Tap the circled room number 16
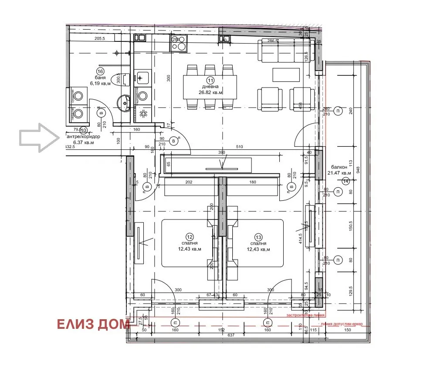click(x=100, y=71)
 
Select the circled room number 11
click(x=210, y=80)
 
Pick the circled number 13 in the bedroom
click(x=258, y=236)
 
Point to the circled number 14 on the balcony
click(x=346, y=181)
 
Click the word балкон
click(x=339, y=167)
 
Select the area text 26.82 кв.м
click(x=211, y=92)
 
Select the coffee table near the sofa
click(x=286, y=75)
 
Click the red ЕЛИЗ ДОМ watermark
click(x=93, y=324)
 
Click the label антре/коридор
click(x=82, y=136)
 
